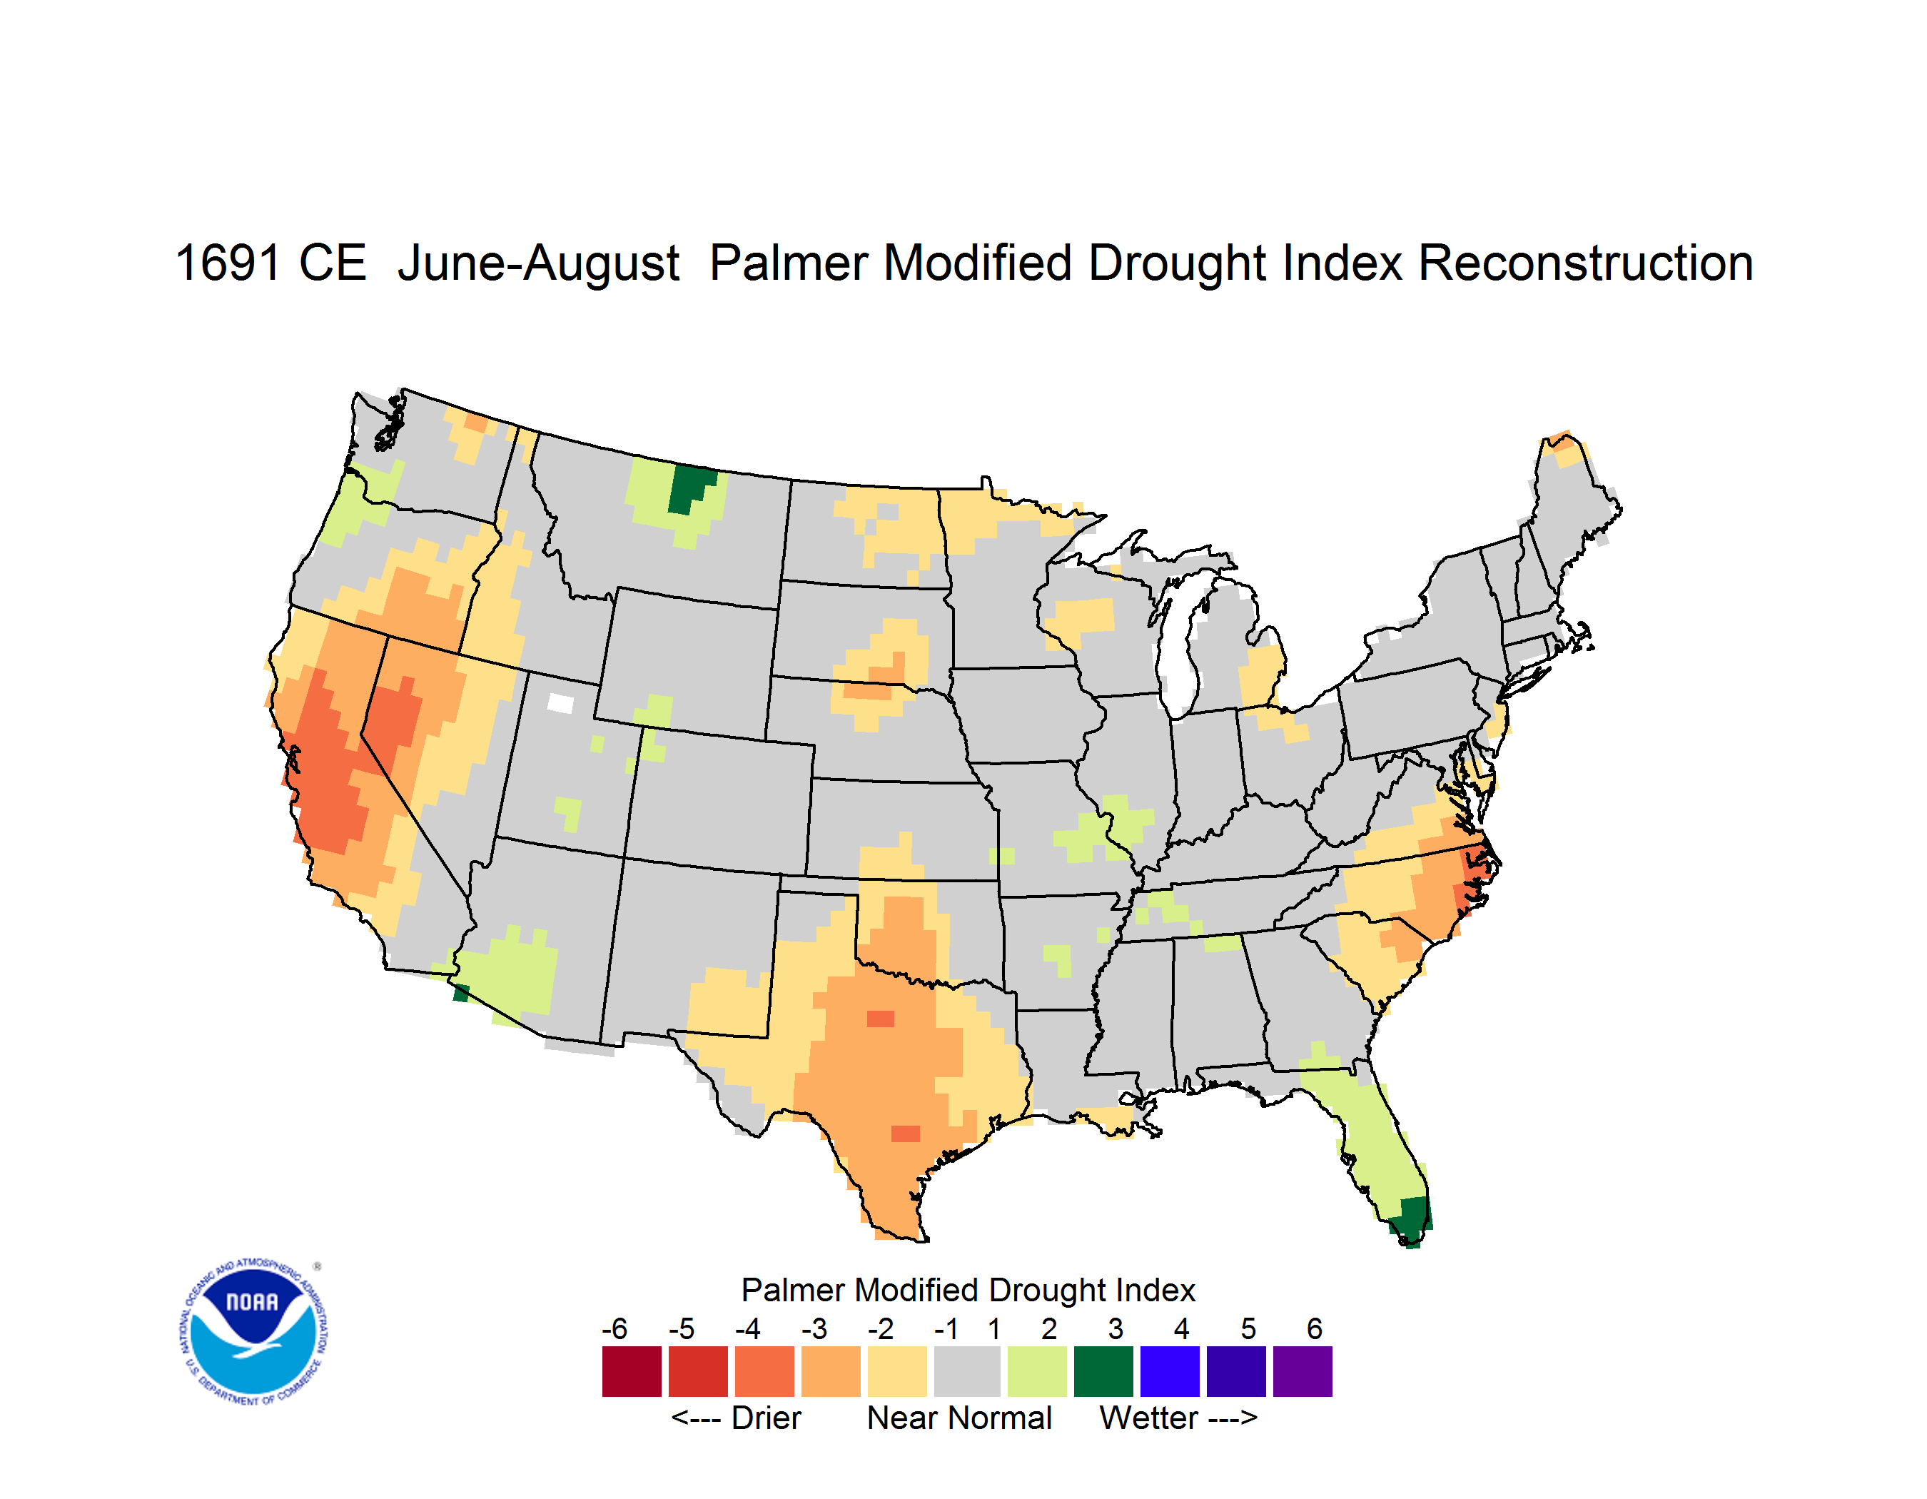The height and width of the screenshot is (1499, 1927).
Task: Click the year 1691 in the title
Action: point(228,263)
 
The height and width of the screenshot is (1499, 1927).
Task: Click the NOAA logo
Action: point(253,1332)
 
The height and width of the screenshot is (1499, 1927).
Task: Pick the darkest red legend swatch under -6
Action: point(632,1371)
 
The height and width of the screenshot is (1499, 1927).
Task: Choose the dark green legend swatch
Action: point(1103,1371)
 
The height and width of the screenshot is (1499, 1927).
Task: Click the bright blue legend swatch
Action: point(1170,1371)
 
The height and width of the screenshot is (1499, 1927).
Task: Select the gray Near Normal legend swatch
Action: point(967,1371)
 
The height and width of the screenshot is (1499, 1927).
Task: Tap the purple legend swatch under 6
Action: point(1303,1371)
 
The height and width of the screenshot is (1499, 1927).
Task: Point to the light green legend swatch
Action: point(1037,1371)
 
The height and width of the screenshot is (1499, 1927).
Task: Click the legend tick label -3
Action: point(814,1328)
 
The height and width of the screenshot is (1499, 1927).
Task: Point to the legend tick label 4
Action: point(1181,1328)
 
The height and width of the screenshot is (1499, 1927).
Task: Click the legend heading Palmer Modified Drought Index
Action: point(968,1290)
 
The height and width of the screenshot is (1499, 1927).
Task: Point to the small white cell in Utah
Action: point(560,703)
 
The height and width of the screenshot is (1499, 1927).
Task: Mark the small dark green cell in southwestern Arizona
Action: point(460,994)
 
